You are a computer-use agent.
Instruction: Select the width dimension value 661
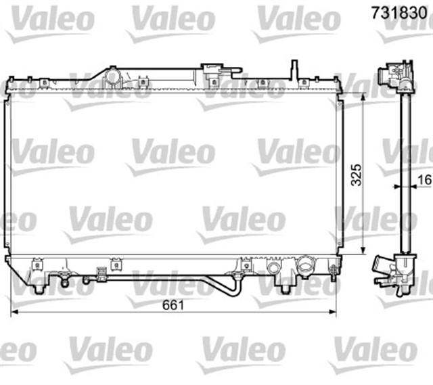click(x=173, y=304)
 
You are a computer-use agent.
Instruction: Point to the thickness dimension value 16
click(x=424, y=179)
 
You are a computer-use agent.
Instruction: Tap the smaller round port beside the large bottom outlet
click(x=276, y=267)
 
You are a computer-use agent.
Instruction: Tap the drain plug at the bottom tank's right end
click(x=333, y=271)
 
